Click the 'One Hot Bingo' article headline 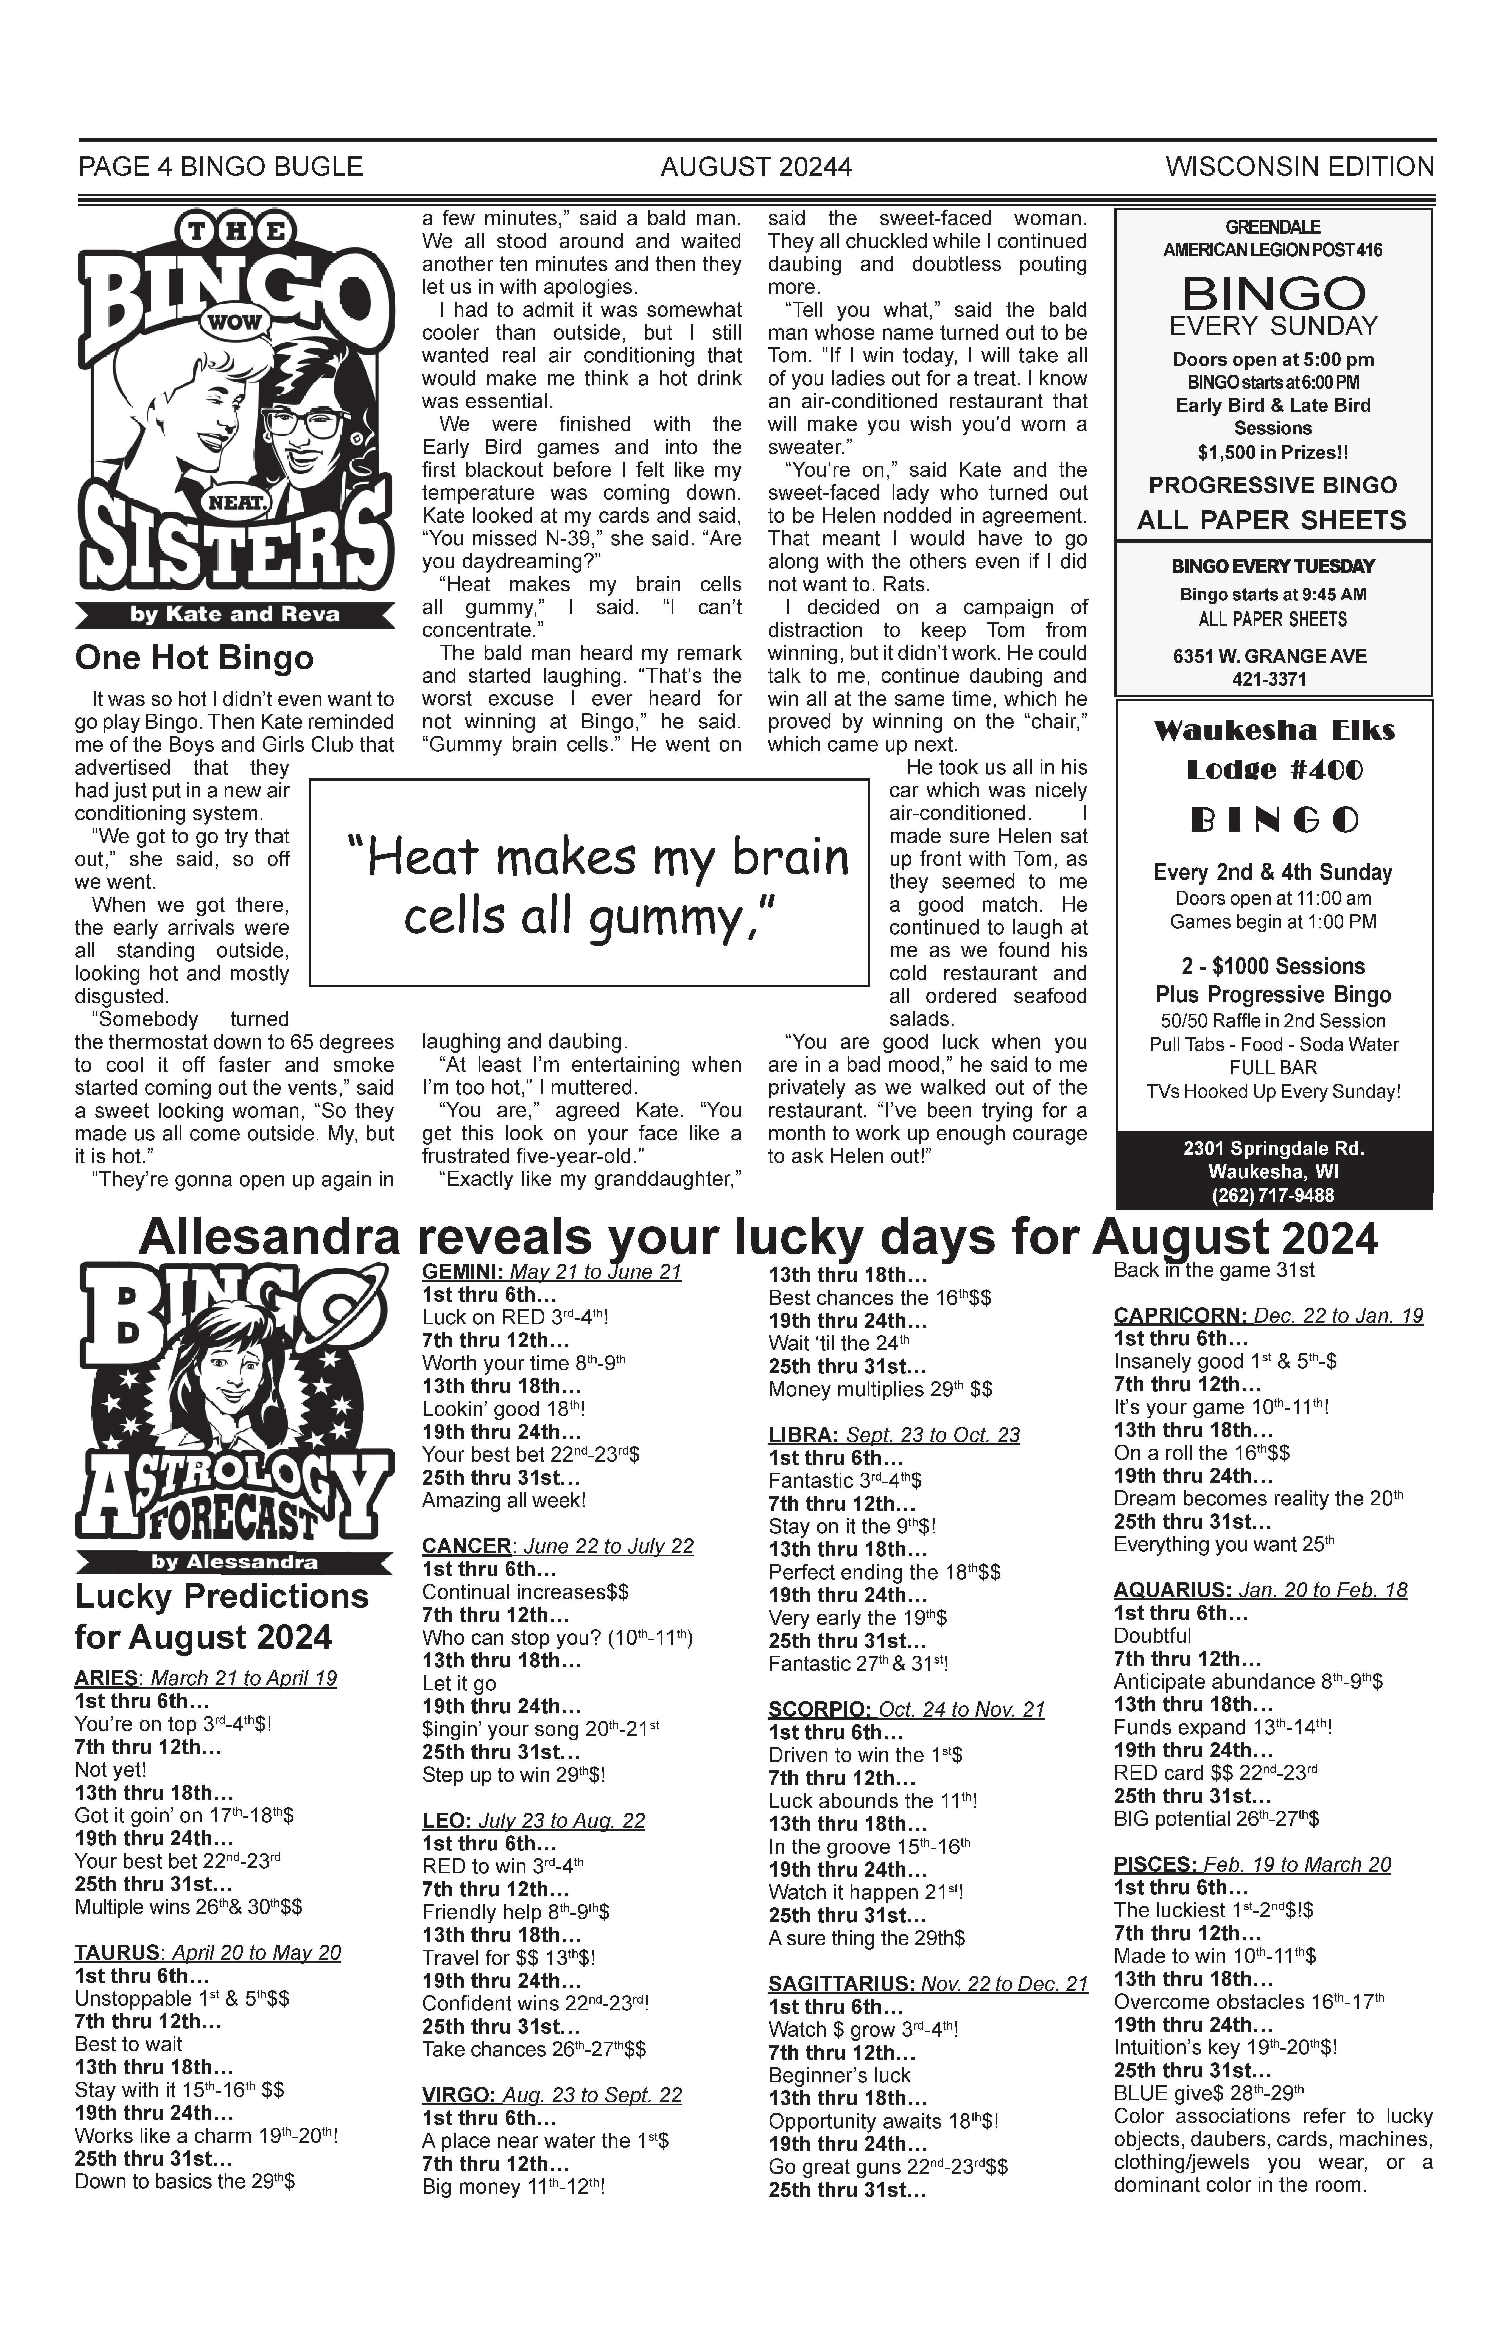(x=194, y=658)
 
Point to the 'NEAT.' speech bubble (x=235, y=503)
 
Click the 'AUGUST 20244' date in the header (x=756, y=168)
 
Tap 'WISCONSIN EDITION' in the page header (x=1299, y=168)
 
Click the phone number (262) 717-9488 (x=1274, y=1195)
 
